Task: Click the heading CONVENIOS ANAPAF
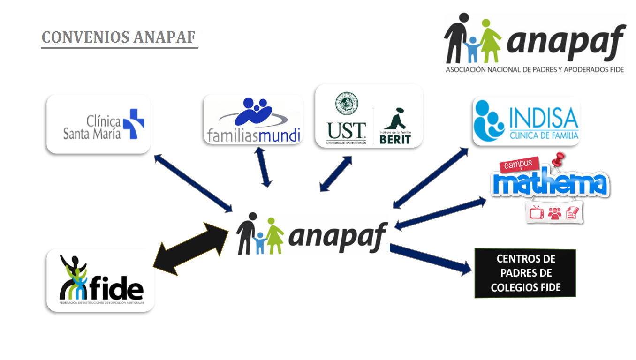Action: [x=119, y=37]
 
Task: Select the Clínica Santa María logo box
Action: [x=98, y=124]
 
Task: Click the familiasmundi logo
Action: [x=253, y=119]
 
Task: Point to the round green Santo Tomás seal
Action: [x=346, y=104]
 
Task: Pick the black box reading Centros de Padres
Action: [x=525, y=273]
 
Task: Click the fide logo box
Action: [x=100, y=280]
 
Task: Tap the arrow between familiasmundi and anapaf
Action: [x=264, y=167]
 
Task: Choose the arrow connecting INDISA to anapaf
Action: [x=430, y=178]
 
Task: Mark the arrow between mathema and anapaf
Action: [x=441, y=213]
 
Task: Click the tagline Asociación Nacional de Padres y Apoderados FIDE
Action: [x=535, y=69]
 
